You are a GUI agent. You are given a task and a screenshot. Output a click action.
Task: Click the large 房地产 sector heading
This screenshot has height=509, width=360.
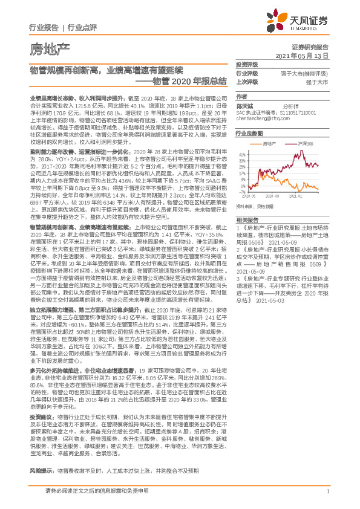pyautogui.click(x=45, y=48)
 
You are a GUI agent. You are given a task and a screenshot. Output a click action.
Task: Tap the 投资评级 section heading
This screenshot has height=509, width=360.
pyautogui.click(x=247, y=64)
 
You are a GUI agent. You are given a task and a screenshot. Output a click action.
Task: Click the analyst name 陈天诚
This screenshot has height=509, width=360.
pyautogui.click(x=243, y=105)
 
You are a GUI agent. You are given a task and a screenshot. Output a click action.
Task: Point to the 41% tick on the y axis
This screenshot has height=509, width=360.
pyautogui.click(x=243, y=155)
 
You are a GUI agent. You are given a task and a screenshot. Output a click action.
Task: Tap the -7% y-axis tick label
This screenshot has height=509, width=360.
pyautogui.click(x=243, y=191)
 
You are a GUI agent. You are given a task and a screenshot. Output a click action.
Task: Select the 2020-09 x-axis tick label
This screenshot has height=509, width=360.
pyautogui.click(x=275, y=196)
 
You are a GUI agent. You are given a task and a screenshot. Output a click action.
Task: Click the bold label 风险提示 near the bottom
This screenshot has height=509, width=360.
pyautogui.click(x=42, y=470)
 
